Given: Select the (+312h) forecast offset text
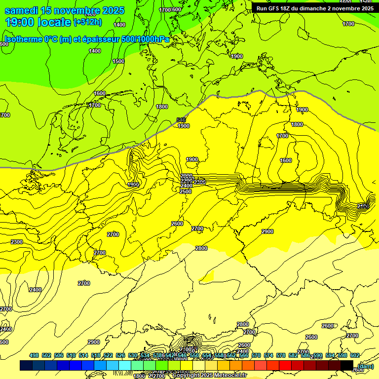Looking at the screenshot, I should (88, 22).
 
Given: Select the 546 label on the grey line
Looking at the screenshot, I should (181, 120).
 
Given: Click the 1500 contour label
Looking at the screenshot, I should (118, 61).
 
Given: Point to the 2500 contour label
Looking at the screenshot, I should (186, 191).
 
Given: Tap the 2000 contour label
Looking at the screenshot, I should (187, 176).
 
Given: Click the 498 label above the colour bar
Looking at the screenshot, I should (34, 355).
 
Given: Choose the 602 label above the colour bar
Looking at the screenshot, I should (355, 355).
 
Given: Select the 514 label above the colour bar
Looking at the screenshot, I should (83, 355).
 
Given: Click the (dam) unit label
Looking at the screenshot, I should (366, 366).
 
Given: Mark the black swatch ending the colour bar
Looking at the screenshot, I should (347, 365).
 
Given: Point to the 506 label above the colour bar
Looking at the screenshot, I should (59, 355).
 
